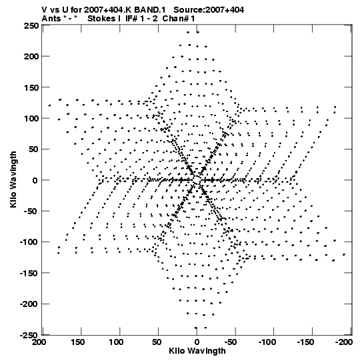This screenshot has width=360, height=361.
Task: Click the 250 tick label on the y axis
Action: tap(31, 25)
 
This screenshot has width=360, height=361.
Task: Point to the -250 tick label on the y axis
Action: tap(29, 335)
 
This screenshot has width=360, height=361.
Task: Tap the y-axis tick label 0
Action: tap(35, 180)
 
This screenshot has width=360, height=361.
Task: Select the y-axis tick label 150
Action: tap(31, 87)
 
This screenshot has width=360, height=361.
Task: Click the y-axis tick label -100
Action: tap(29, 242)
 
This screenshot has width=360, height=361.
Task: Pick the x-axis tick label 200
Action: tap(39, 342)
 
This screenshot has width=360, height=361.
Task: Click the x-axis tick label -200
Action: tap(344, 342)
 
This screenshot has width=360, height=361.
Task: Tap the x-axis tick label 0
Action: tap(197, 342)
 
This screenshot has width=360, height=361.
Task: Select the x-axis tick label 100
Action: tap(116, 342)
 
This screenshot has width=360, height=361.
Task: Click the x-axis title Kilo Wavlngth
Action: tap(197, 351)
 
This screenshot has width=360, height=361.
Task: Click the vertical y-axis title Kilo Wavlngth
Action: tap(13, 179)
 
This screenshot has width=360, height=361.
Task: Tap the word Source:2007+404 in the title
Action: tap(209, 10)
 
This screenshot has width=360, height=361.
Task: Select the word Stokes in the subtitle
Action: tap(102, 19)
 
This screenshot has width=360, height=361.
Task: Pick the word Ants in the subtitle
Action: tap(51, 19)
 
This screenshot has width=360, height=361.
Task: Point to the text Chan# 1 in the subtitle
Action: tap(179, 19)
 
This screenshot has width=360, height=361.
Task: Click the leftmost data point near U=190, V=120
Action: tap(50, 105)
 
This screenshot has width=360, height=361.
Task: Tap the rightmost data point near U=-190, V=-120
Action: tap(344, 255)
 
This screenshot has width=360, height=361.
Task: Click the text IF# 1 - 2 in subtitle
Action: tap(141, 19)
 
